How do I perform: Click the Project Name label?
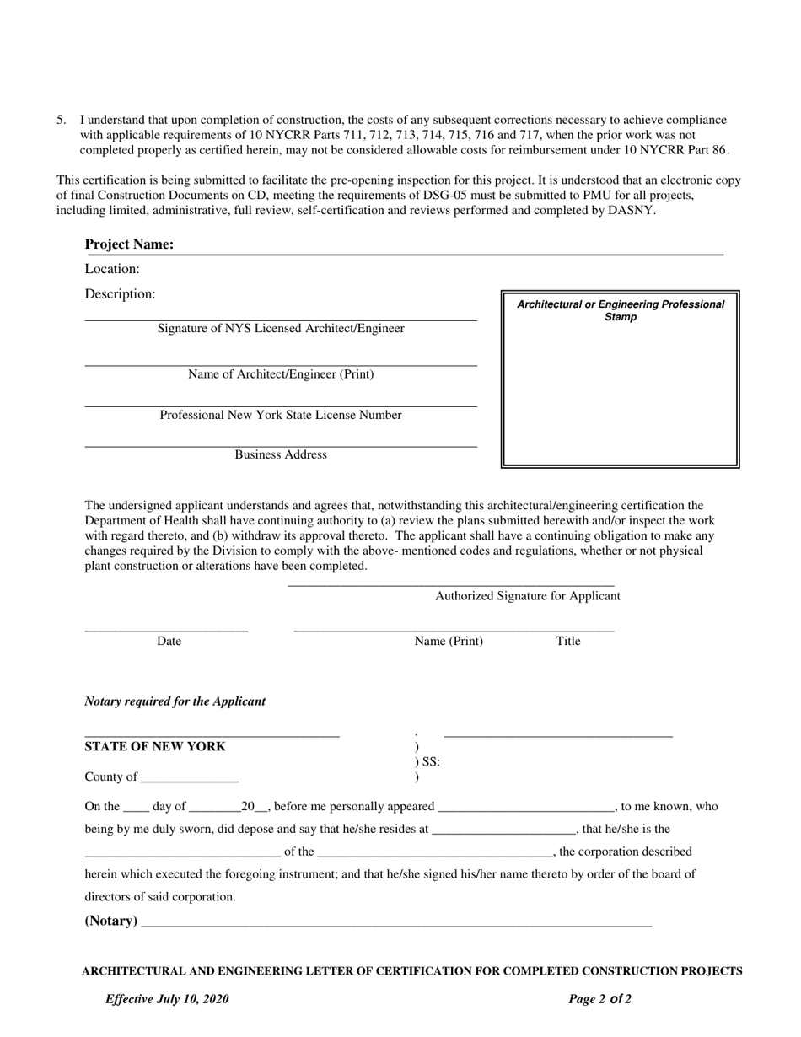click(129, 244)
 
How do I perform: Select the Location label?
click(112, 269)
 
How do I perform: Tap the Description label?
click(120, 294)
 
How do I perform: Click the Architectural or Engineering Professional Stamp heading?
click(621, 310)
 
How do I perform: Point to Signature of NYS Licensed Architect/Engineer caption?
click(281, 329)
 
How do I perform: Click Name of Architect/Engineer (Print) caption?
click(281, 374)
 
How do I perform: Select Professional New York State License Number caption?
click(281, 415)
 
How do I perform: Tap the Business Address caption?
click(281, 454)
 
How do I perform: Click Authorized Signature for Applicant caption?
click(527, 596)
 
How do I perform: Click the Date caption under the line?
click(169, 641)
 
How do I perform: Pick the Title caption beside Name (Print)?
click(568, 641)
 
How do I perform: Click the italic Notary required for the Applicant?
click(175, 701)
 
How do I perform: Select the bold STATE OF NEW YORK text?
click(155, 747)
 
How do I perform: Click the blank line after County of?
click(190, 777)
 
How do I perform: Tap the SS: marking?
click(430, 762)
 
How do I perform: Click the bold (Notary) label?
click(111, 921)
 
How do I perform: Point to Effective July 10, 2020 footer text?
click(167, 999)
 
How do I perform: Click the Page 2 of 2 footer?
click(599, 999)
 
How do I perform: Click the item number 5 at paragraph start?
click(61, 120)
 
